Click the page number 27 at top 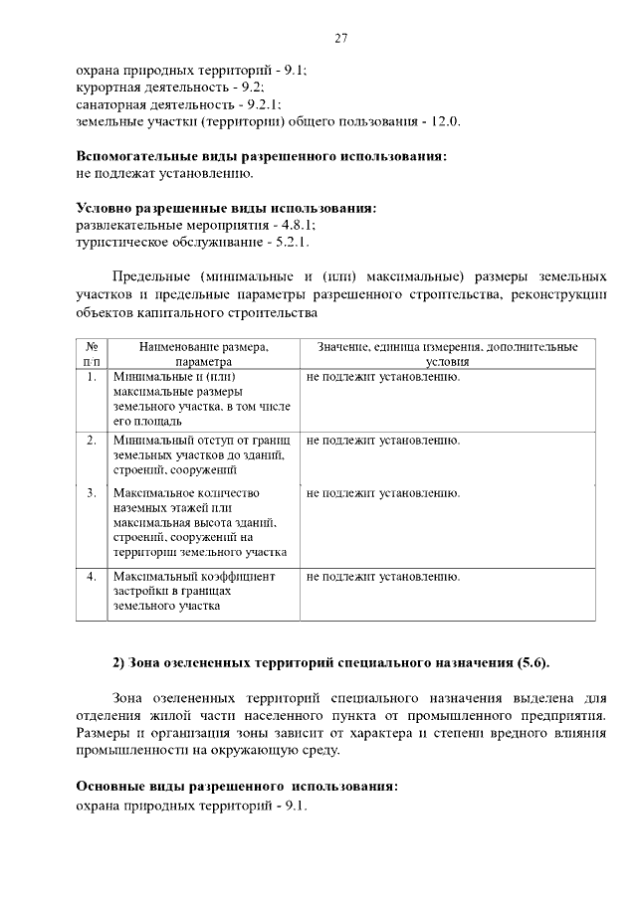coord(340,39)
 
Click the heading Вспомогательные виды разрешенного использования coord(262,156)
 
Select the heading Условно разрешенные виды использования coord(227,208)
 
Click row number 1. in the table coord(92,378)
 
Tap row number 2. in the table coord(92,440)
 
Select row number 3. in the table coord(92,492)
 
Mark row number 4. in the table coord(92,576)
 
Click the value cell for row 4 coord(383,576)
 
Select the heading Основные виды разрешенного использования coord(237,786)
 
